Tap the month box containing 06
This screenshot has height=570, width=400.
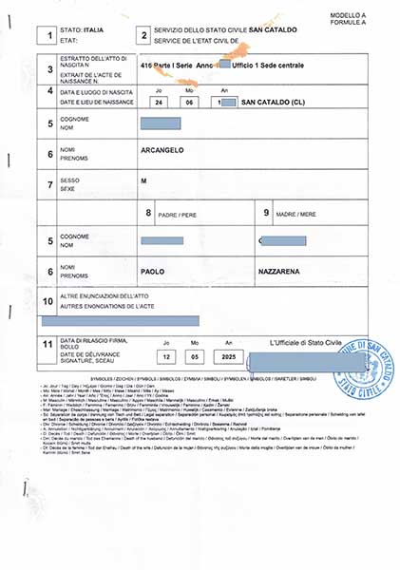[x=190, y=101]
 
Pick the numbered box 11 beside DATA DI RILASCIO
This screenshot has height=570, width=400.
[x=48, y=346]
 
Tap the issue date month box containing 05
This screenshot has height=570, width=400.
[x=190, y=356]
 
